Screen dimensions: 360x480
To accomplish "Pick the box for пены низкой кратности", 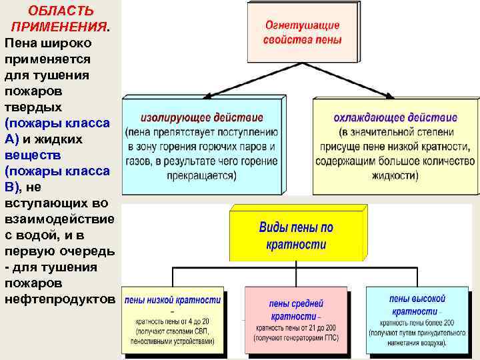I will coord(173,321).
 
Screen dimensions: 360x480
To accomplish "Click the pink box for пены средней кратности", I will coord(296,321).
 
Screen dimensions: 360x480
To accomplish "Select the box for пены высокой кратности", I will coord(418,321).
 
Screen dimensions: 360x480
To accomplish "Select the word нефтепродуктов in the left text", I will coord(60,299).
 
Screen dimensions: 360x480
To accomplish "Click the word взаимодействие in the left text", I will coord(59,219).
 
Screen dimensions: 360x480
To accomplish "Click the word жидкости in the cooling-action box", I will coord(393,176).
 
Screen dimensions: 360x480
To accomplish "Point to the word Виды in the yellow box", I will coord(274,228).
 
